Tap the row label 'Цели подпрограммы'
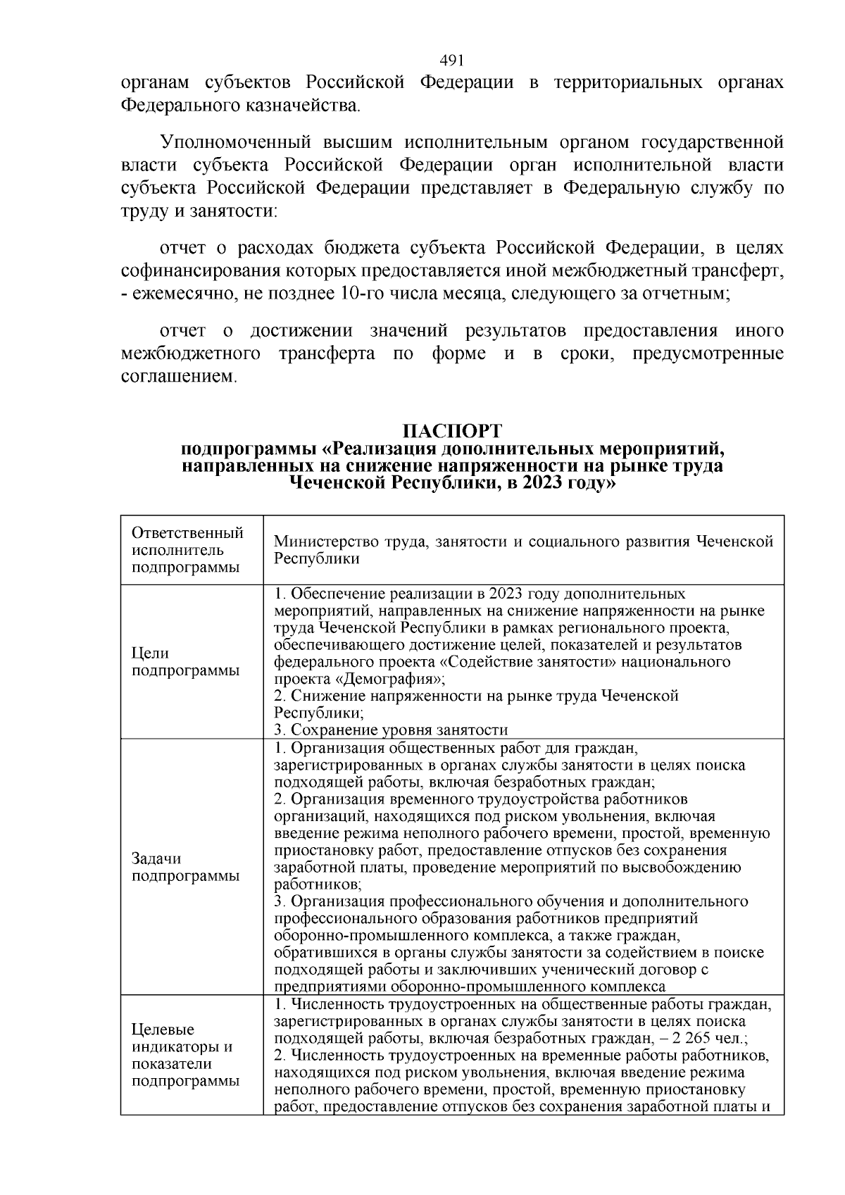pyautogui.click(x=186, y=662)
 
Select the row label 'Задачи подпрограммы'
pyautogui.click(x=186, y=867)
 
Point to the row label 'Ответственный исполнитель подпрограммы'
pyautogui.click(x=187, y=550)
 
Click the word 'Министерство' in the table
pyautogui.click(x=315, y=542)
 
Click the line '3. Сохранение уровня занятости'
pyautogui.click(x=391, y=730)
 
